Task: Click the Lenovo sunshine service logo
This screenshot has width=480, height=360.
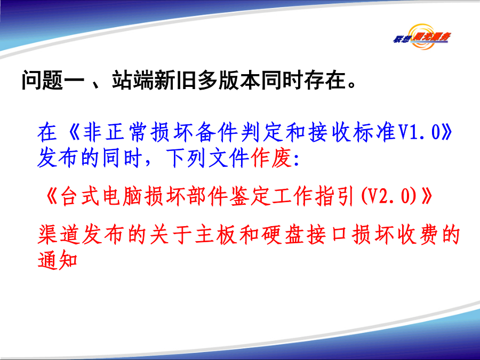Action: click(x=422, y=37)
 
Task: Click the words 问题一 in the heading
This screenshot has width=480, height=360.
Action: click(x=53, y=80)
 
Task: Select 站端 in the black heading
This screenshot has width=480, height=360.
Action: click(x=133, y=80)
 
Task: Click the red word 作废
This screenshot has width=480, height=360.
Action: click(x=271, y=158)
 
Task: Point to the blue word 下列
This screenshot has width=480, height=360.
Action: click(x=186, y=158)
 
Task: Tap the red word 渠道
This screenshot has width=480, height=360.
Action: click(x=59, y=235)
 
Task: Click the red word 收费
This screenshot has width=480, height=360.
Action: click(x=418, y=235)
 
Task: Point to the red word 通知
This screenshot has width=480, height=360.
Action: click(x=58, y=260)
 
